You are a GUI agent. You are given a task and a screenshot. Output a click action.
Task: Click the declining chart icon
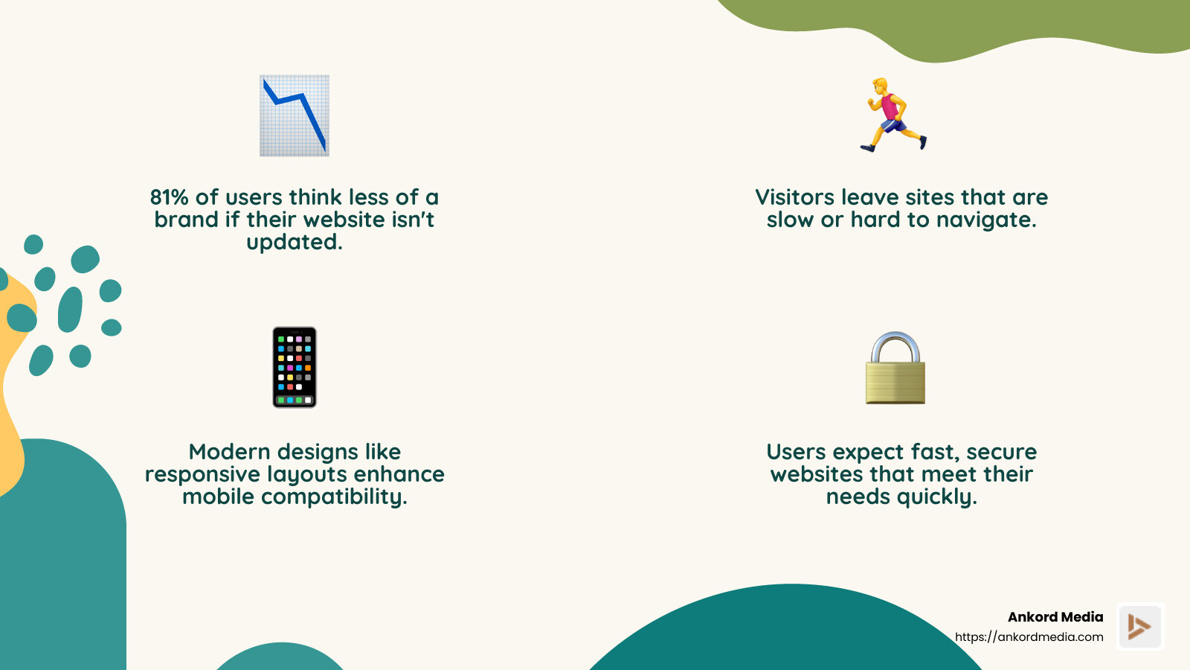294,115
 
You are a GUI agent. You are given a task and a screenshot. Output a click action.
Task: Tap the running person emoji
892,115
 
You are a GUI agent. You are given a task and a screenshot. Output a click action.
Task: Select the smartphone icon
295,367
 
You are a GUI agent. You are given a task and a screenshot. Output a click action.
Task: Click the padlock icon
895,368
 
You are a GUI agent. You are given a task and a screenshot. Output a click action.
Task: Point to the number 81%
169,197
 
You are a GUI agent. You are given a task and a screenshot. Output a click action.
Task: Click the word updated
294,243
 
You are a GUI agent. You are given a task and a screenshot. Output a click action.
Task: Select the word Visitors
794,197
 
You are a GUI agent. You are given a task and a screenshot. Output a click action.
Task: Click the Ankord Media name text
1055,617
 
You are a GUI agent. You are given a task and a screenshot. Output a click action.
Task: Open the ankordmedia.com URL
1029,637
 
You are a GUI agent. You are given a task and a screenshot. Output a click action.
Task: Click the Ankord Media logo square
1139,626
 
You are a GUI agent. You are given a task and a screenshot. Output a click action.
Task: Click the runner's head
881,85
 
